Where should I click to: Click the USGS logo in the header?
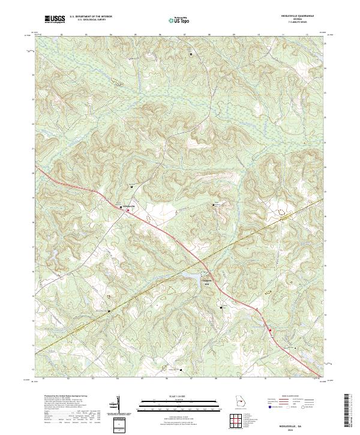click(55, 19)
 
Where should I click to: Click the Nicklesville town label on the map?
click(130, 206)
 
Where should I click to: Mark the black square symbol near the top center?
click(191, 55)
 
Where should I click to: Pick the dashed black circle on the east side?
click(281, 211)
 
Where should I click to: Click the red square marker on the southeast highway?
click(270, 330)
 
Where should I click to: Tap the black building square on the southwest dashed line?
click(109, 311)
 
